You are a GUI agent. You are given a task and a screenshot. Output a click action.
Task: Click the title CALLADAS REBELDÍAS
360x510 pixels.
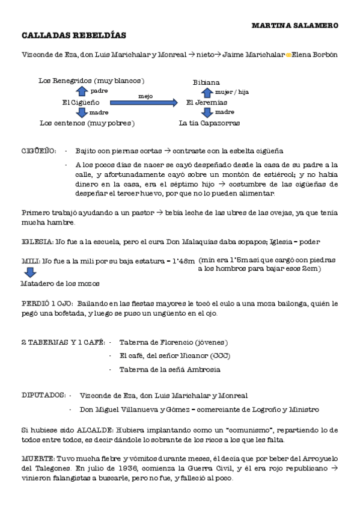[x=73, y=35]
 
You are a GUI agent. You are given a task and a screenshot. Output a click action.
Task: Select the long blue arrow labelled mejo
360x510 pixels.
[x=145, y=103]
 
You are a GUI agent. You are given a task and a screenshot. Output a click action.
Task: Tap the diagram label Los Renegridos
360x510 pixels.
[x=64, y=80]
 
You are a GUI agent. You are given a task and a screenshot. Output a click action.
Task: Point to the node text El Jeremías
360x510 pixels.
[x=207, y=103]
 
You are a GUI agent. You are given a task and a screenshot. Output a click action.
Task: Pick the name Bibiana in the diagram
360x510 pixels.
[x=206, y=82]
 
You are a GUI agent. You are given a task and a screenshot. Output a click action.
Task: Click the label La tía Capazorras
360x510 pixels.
[x=209, y=123]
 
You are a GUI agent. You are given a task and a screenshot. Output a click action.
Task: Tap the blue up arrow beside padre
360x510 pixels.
[x=82, y=91]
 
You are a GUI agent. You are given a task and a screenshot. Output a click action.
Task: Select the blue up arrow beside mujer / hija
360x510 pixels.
[x=207, y=92]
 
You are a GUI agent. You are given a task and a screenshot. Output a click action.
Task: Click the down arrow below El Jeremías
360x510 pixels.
[x=207, y=113]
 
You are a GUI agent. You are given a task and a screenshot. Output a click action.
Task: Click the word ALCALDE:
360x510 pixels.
[x=94, y=431]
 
